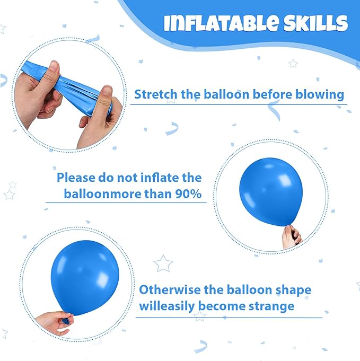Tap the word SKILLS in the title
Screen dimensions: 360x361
point(315,23)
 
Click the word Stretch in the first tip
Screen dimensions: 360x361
point(156,94)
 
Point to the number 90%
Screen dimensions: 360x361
point(188,194)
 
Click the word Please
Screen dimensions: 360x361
point(76,178)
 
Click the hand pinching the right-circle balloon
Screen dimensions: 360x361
point(292,237)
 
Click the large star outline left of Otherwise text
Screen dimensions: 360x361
point(163,263)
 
